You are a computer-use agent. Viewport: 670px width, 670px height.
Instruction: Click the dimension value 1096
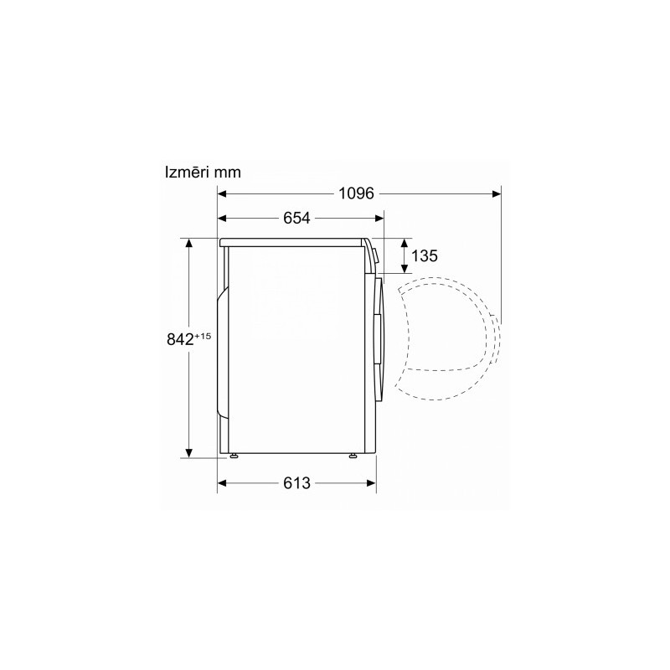[x=356, y=193]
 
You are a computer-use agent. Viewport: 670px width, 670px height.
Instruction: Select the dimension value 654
[x=296, y=218]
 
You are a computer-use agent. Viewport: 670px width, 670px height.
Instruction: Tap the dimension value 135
[x=425, y=256]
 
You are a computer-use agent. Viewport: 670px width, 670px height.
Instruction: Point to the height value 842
[x=180, y=340]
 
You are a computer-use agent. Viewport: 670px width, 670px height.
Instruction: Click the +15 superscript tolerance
[x=203, y=337]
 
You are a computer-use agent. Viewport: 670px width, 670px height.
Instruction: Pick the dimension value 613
[x=296, y=483]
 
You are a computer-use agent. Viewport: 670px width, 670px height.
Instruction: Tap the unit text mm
[x=228, y=173]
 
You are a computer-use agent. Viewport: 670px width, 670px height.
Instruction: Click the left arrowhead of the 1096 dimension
[x=222, y=194]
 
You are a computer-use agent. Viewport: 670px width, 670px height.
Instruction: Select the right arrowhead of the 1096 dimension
[x=497, y=194]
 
